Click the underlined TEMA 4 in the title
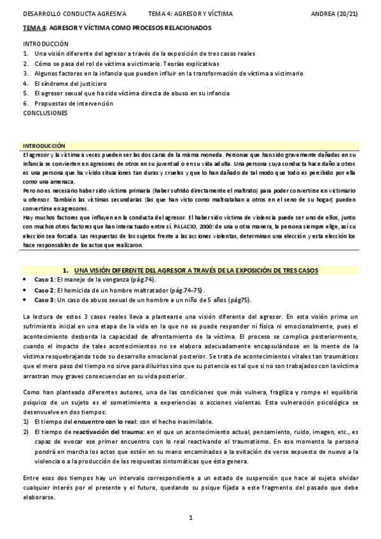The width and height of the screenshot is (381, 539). [x=34, y=28]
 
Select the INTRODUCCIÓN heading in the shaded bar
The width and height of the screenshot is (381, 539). [x=44, y=146]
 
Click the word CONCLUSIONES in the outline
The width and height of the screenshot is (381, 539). [x=45, y=112]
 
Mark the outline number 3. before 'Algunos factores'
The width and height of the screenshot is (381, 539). [x=25, y=74]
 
